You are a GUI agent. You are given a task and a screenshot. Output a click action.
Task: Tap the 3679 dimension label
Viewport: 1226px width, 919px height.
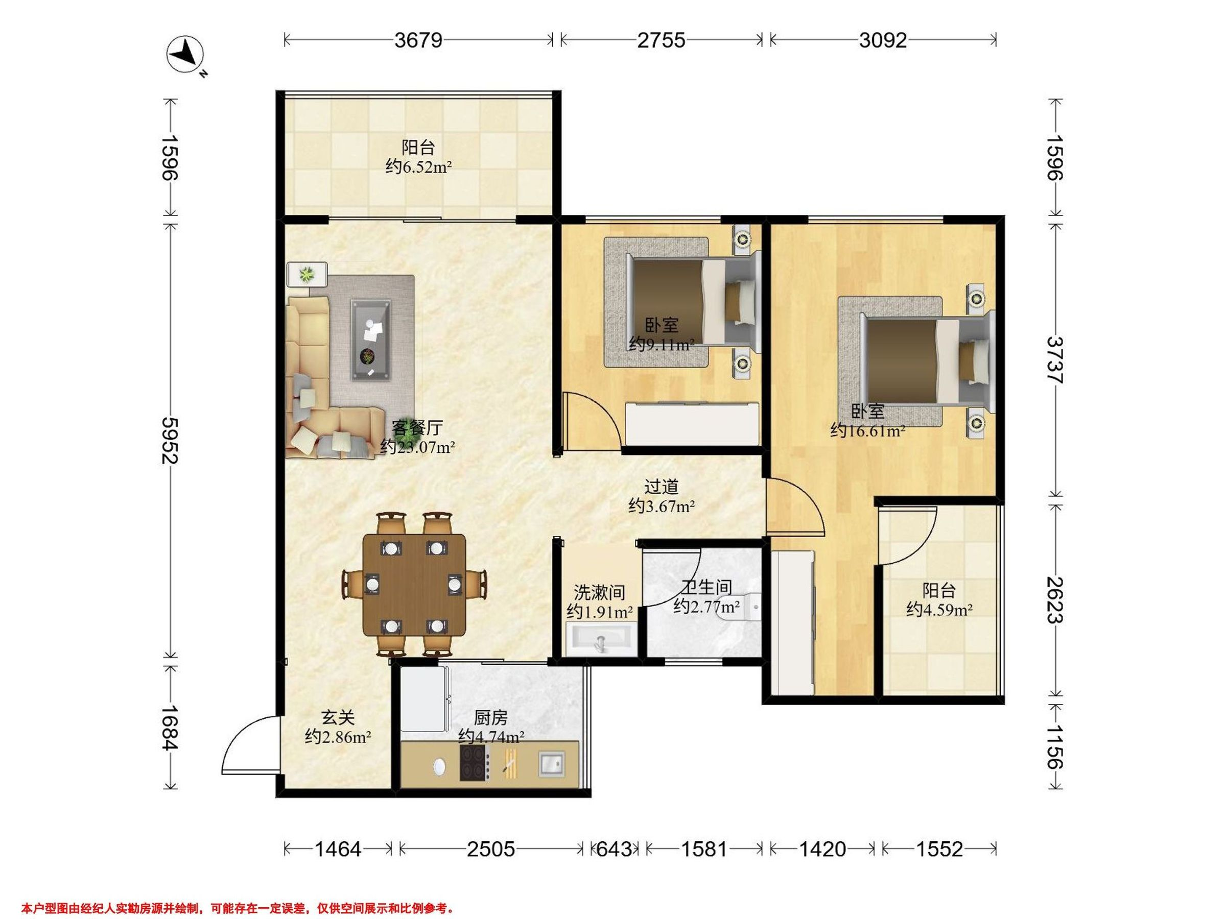tap(418, 40)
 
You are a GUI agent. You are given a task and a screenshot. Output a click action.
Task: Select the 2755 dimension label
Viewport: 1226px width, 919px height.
tap(661, 40)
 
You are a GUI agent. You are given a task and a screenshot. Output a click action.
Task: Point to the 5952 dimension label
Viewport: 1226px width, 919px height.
tap(170, 441)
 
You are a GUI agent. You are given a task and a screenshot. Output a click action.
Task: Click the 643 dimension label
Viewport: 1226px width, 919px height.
tap(614, 849)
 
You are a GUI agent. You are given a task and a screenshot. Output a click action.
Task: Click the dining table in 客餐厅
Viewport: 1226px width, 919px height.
tap(414, 585)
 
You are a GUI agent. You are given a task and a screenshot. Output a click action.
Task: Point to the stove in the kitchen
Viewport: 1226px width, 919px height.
tap(475, 763)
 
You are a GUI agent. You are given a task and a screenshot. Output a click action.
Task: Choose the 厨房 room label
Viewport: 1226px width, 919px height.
tap(490, 717)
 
